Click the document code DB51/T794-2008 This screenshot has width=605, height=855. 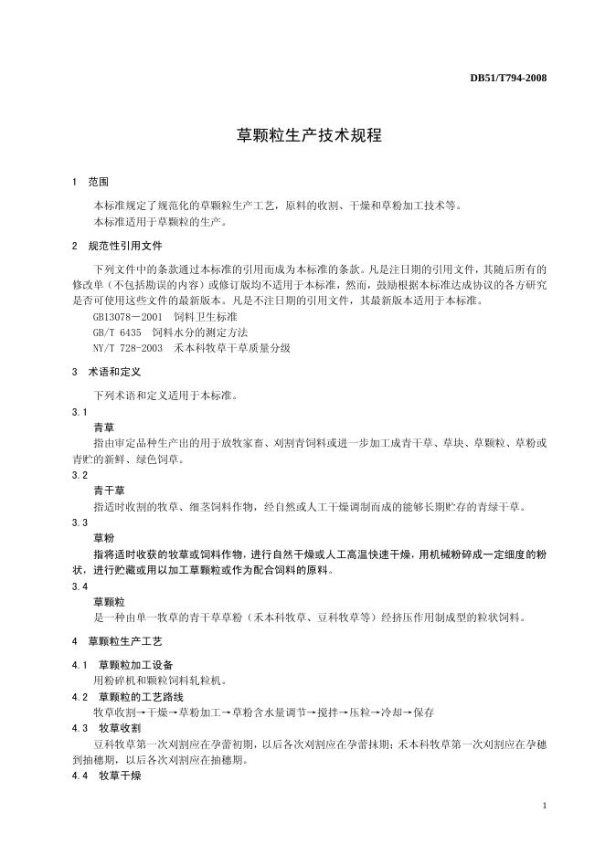pos(508,78)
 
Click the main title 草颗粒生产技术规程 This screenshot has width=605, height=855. pos(302,136)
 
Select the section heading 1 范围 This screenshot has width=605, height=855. pos(90,183)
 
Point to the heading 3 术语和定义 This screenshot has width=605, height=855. pos(105,372)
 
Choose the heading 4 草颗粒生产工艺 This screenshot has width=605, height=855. pos(117,641)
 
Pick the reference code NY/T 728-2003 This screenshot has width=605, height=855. pos(128,348)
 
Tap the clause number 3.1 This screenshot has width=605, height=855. pos(80,412)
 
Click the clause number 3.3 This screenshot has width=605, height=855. pos(80,522)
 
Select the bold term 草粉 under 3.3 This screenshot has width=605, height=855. pos(103,538)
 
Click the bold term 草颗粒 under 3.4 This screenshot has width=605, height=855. pos(109,602)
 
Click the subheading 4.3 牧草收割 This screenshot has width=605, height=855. pos(106,728)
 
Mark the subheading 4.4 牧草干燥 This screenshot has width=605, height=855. pos(106,775)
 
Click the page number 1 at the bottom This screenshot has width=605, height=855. pos(545,807)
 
